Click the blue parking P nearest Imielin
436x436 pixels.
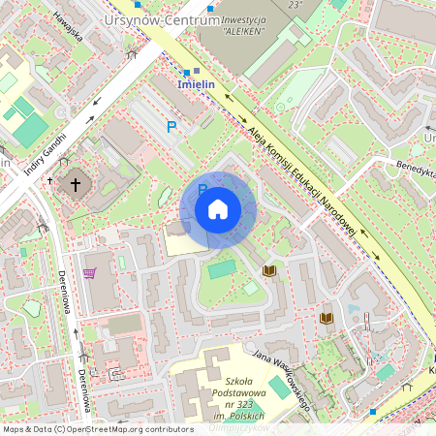point(172,126)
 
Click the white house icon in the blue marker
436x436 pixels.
point(217,209)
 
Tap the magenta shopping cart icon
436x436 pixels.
point(90,272)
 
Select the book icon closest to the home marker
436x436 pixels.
point(270,269)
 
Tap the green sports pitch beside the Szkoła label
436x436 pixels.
point(282,388)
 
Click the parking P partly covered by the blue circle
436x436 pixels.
point(202,188)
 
